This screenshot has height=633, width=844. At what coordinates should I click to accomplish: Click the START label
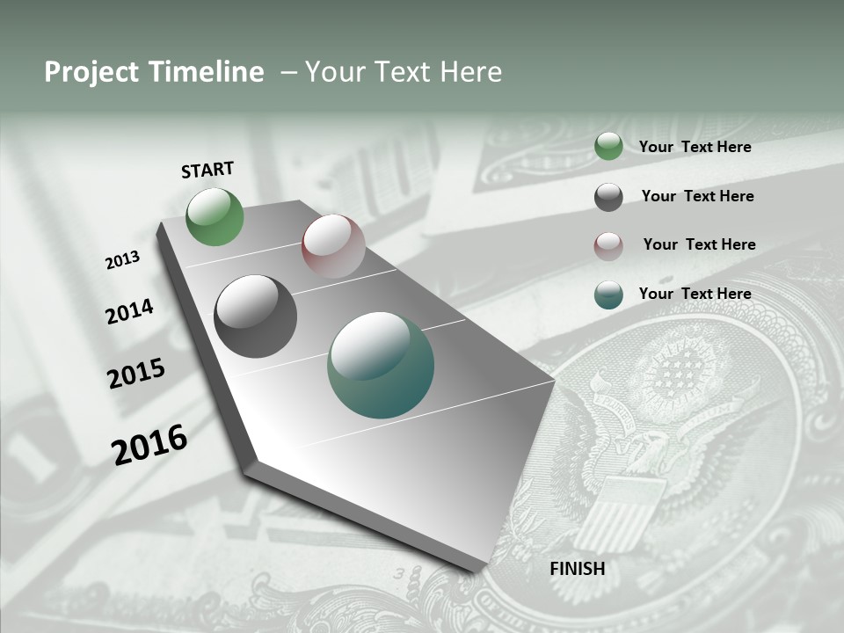[x=207, y=170]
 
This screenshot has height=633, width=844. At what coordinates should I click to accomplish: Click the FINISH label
[x=577, y=569]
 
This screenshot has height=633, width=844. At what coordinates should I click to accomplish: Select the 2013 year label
[x=122, y=260]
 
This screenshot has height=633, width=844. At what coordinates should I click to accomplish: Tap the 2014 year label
[x=129, y=311]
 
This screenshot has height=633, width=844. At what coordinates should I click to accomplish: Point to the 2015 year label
[x=136, y=374]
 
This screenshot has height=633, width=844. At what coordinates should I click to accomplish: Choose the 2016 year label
[x=149, y=445]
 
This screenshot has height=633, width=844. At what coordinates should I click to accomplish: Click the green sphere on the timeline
[x=215, y=217]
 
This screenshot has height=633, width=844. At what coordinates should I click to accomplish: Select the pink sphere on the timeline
[x=333, y=245]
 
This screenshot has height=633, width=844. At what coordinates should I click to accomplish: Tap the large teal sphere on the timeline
[x=381, y=365]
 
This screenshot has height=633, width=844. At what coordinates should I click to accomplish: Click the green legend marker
[x=608, y=147]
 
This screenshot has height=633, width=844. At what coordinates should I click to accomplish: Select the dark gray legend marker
[x=608, y=197]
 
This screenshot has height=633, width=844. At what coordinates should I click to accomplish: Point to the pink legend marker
[x=608, y=245]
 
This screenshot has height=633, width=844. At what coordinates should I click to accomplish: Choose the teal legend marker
[x=608, y=295]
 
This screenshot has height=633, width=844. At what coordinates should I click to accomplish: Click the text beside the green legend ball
[x=695, y=148]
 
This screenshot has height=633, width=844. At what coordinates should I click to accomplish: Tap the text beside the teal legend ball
[x=695, y=294]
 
